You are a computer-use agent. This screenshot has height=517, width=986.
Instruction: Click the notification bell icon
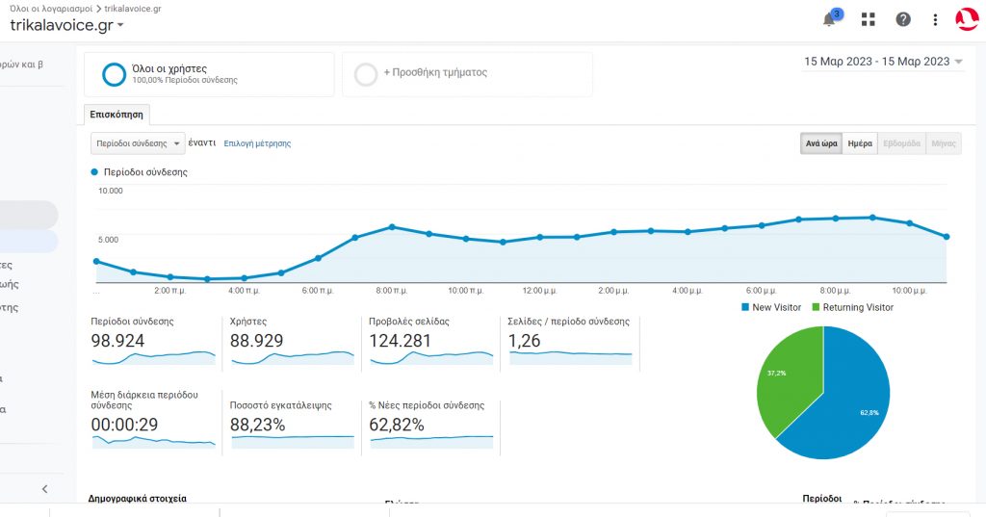click(x=829, y=19)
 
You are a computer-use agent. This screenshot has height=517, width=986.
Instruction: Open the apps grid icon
click(x=869, y=19)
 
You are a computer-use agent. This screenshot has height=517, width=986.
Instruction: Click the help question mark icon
click(x=903, y=19)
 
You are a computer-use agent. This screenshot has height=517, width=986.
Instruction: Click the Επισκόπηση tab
click(x=117, y=114)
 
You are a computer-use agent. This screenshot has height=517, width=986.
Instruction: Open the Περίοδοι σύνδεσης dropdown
click(x=138, y=143)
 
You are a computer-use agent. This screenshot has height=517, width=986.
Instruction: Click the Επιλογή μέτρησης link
click(x=257, y=143)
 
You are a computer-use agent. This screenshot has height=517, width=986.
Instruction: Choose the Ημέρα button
click(x=860, y=143)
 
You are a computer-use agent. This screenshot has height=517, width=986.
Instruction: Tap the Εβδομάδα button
click(x=901, y=143)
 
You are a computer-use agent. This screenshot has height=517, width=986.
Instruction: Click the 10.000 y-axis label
click(x=111, y=191)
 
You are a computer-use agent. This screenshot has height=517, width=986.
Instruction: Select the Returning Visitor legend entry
click(x=852, y=307)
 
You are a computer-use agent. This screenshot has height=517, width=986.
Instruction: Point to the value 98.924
click(x=117, y=341)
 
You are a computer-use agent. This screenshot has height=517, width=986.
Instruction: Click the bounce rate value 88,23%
click(x=258, y=425)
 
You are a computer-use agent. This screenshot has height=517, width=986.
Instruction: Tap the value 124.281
click(x=401, y=341)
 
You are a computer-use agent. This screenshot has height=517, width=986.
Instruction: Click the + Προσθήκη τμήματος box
click(x=467, y=74)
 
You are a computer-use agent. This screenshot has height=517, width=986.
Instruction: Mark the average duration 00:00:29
click(x=124, y=425)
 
